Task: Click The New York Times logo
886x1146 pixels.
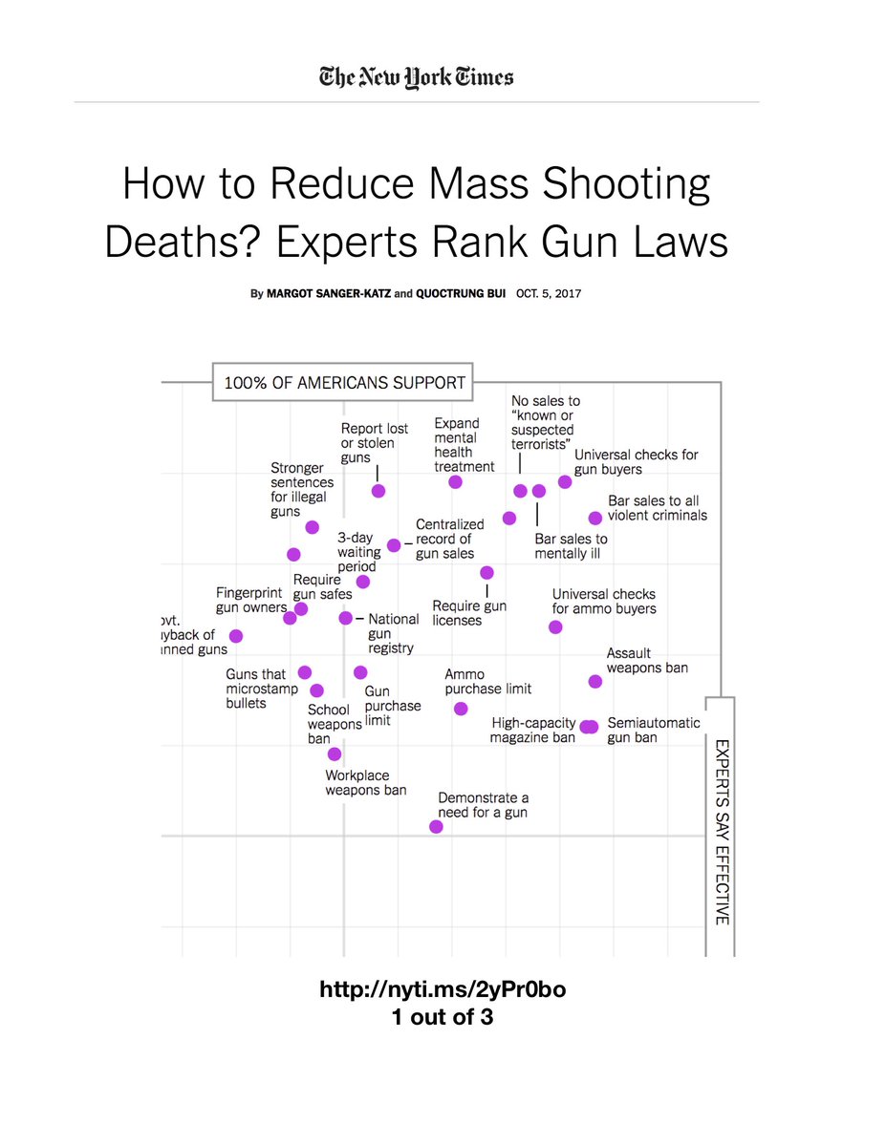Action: tap(417, 77)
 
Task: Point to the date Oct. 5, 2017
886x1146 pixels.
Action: tap(548, 294)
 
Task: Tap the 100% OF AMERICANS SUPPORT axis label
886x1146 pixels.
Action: tap(344, 384)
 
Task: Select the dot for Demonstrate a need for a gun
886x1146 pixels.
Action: tap(437, 826)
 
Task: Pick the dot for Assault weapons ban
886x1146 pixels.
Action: tap(595, 681)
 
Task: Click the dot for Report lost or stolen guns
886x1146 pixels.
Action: tap(378, 491)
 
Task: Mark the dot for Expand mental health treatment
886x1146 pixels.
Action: tap(455, 482)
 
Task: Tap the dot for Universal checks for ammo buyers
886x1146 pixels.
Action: tap(555, 626)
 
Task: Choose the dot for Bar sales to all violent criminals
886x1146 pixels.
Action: tap(595, 518)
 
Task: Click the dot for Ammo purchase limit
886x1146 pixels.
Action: tap(461, 709)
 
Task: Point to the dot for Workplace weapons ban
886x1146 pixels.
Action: tap(334, 753)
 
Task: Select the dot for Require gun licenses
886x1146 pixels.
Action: tap(486, 572)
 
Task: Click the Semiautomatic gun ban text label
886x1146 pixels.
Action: tap(654, 731)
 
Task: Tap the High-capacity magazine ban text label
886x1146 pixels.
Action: tap(532, 731)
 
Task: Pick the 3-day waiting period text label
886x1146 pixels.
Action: tap(357, 552)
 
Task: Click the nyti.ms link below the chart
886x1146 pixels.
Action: tap(443, 989)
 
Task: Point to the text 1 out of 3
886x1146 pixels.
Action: tap(443, 1017)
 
